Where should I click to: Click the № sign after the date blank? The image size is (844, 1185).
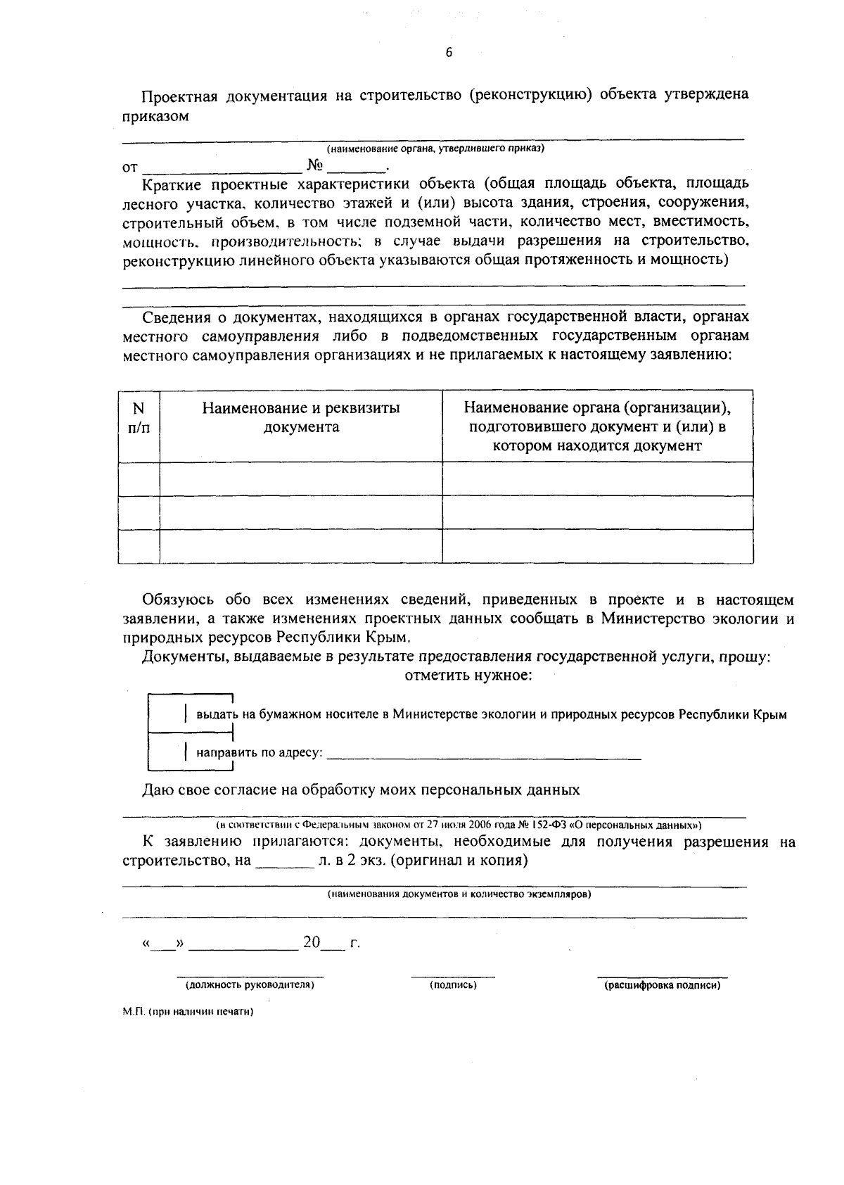click(x=314, y=167)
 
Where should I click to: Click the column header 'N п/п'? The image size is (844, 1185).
click(x=139, y=418)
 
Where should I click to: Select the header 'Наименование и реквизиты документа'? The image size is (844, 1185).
click(x=301, y=418)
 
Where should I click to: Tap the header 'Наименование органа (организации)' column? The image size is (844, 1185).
click(x=597, y=426)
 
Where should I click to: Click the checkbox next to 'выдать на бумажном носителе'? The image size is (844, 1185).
click(x=166, y=714)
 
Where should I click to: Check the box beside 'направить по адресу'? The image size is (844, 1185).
click(x=166, y=752)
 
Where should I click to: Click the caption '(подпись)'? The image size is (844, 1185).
click(x=453, y=985)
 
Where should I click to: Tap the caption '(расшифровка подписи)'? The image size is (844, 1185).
click(x=663, y=985)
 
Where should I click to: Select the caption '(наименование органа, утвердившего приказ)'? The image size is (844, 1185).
click(x=435, y=148)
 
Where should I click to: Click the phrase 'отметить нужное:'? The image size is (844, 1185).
click(x=468, y=676)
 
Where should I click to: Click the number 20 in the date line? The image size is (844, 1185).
click(x=312, y=942)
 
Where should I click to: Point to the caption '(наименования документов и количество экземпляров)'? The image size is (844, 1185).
click(x=459, y=895)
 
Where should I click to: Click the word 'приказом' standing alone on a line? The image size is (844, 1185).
click(x=155, y=116)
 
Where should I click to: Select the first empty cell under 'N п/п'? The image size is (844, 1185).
click(x=139, y=479)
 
